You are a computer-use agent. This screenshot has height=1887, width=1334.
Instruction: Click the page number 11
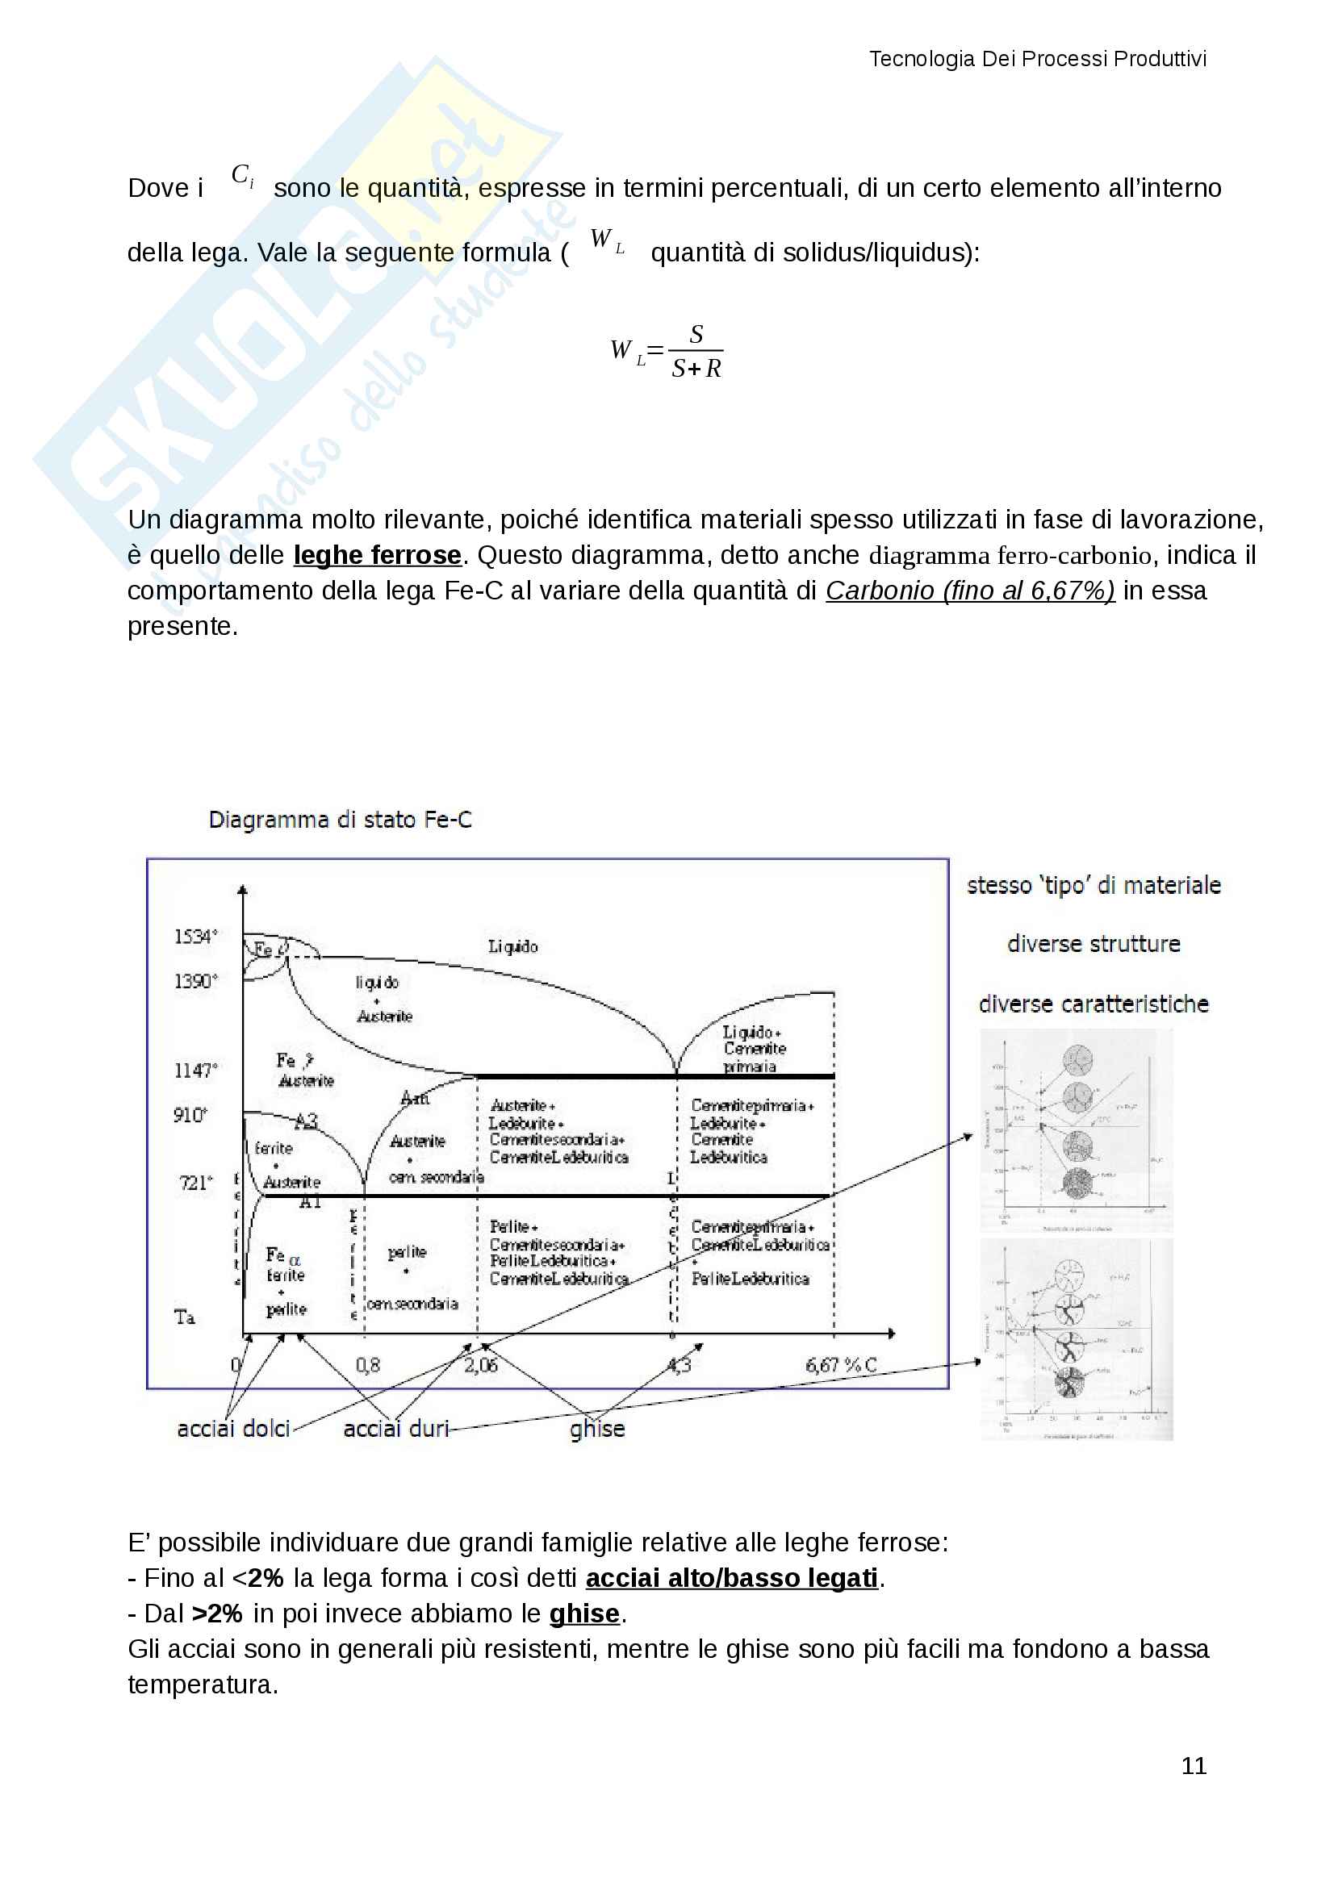click(x=1194, y=1765)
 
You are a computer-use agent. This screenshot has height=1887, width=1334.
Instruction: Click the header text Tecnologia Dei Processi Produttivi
click(x=1037, y=59)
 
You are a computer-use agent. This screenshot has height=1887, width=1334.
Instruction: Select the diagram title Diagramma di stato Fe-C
click(x=341, y=820)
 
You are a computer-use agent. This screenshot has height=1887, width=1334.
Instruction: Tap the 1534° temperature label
click(x=195, y=937)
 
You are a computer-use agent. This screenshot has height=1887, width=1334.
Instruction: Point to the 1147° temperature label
click(x=195, y=1070)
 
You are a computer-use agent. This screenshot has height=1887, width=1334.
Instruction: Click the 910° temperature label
click(x=190, y=1115)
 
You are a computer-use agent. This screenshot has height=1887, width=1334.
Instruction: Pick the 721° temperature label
click(x=195, y=1183)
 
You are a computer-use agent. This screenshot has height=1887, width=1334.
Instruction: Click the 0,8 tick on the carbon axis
click(x=367, y=1365)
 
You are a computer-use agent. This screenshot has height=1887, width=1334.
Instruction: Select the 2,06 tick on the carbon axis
click(x=481, y=1365)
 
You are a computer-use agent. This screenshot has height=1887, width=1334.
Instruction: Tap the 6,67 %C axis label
click(x=841, y=1365)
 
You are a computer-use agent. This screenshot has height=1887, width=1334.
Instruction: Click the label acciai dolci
click(x=233, y=1430)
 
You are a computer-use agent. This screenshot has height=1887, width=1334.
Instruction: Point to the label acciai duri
click(x=396, y=1430)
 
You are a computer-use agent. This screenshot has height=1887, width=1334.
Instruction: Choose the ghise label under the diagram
click(x=597, y=1430)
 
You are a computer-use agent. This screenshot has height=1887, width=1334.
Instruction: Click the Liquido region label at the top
click(x=513, y=947)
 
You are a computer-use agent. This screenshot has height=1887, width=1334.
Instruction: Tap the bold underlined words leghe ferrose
click(x=377, y=556)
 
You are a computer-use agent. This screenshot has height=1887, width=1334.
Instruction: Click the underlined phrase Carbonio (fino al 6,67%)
click(x=970, y=591)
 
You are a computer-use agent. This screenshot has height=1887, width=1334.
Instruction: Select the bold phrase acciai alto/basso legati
click(x=731, y=1578)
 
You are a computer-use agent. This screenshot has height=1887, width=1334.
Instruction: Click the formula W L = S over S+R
click(x=667, y=352)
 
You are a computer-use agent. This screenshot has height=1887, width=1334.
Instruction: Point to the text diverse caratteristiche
click(x=1094, y=1004)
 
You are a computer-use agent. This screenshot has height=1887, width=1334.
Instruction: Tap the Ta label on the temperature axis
click(x=185, y=1317)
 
